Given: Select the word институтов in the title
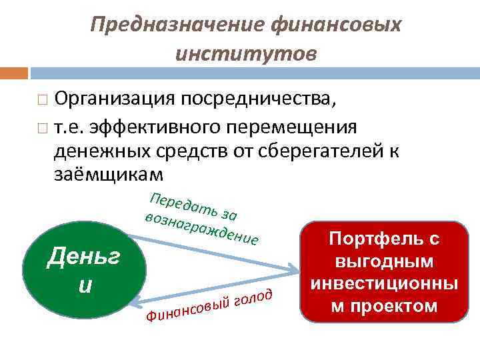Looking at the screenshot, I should (x=246, y=53).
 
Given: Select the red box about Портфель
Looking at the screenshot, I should (x=379, y=272).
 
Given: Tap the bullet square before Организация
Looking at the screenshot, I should (x=43, y=101).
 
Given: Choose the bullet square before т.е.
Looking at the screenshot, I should (x=43, y=127).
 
